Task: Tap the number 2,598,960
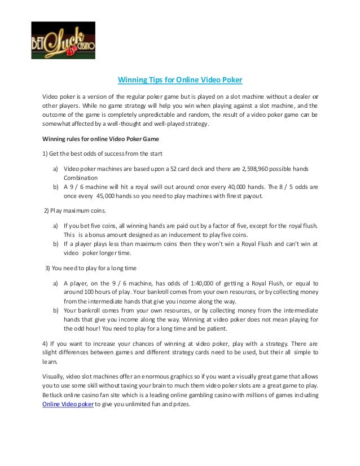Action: (239, 169)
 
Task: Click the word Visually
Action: (54, 375)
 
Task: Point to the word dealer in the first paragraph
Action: (302, 93)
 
